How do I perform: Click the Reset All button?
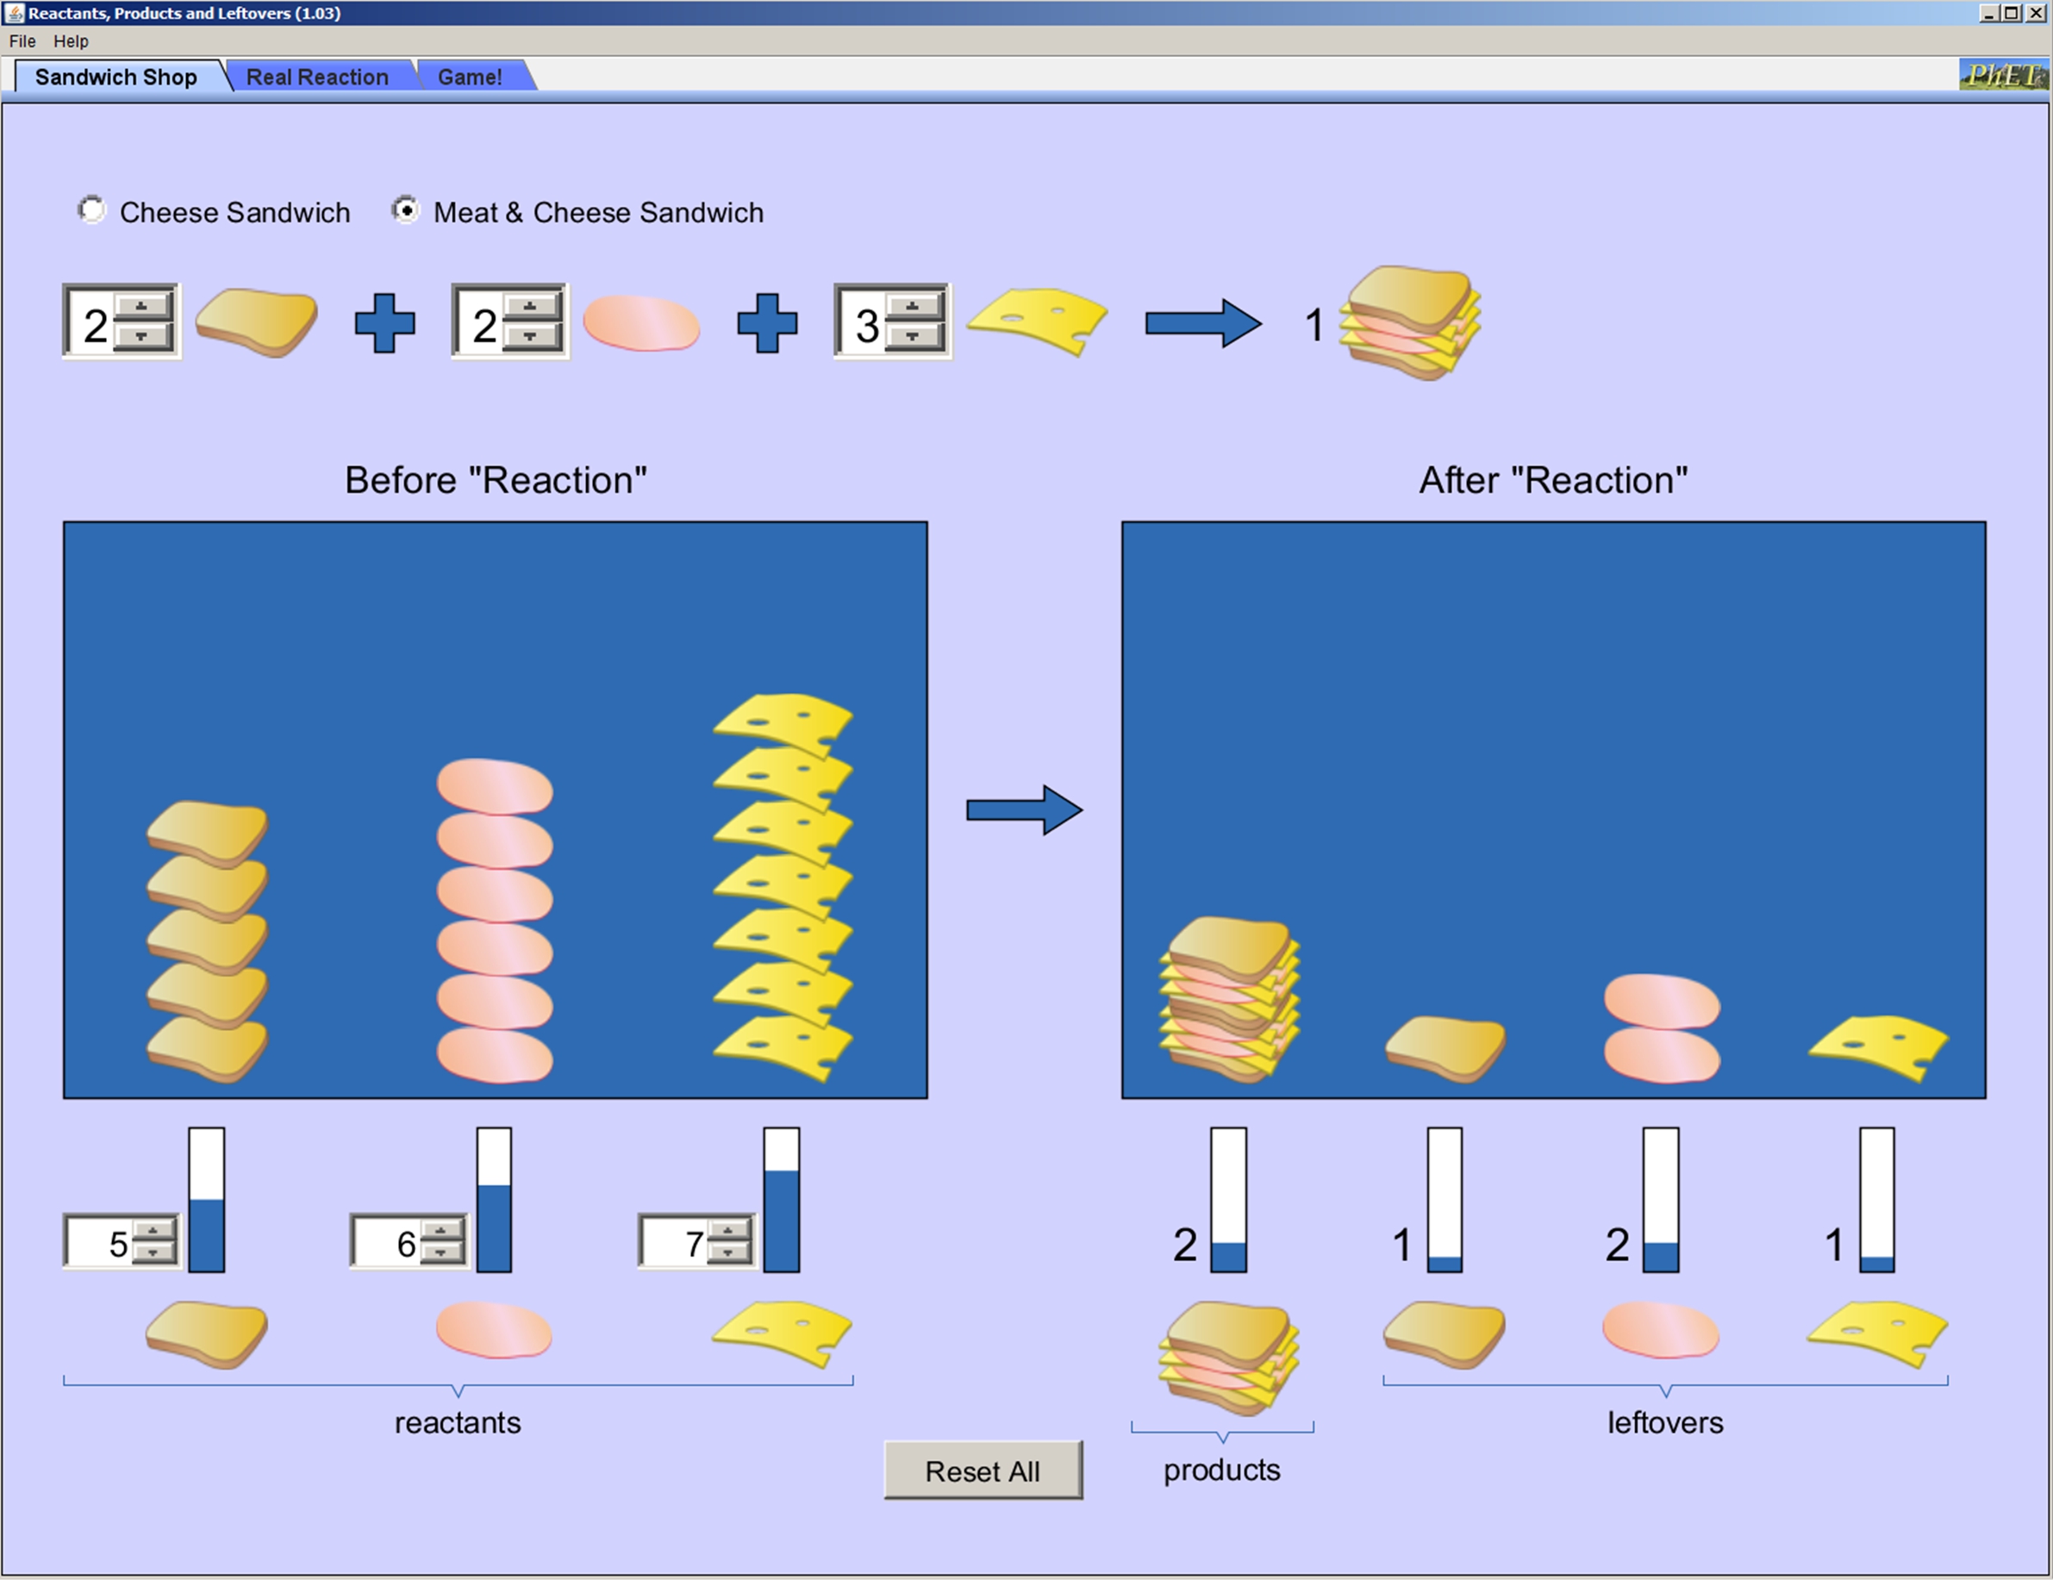[x=983, y=1471]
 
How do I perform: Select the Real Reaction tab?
[x=317, y=77]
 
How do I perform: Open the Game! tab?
[x=469, y=77]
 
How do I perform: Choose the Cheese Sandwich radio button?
[x=92, y=210]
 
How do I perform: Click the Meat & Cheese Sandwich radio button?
[x=405, y=210]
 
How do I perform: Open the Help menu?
[x=71, y=41]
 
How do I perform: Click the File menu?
[x=22, y=41]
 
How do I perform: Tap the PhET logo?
[x=2002, y=75]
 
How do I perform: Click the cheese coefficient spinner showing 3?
[x=867, y=325]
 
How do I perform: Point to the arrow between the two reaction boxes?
[x=1025, y=810]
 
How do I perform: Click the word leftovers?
[x=1665, y=1423]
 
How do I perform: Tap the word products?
[x=1221, y=1470]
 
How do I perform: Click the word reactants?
[x=457, y=1423]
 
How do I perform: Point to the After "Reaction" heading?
[x=1553, y=480]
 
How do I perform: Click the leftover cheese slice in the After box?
[x=1878, y=1046]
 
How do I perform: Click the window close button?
[x=2036, y=13]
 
